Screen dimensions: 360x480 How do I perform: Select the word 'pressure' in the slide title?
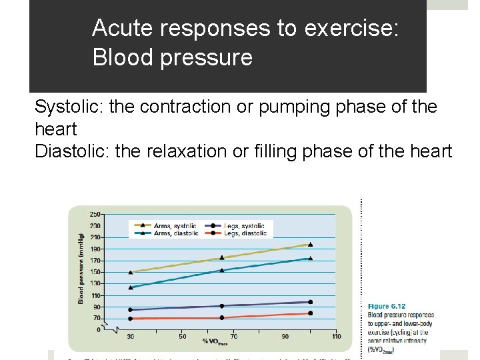[x=213, y=57]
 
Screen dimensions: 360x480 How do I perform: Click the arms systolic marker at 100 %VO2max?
[x=310, y=245]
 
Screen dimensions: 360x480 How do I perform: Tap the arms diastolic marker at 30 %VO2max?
[x=131, y=287]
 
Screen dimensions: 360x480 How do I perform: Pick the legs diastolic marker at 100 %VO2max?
[x=310, y=313]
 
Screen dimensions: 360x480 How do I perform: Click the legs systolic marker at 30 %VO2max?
[x=131, y=309]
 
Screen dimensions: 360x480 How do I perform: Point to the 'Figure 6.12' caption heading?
[x=387, y=307]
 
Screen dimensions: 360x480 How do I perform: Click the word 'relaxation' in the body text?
[x=168, y=151]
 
